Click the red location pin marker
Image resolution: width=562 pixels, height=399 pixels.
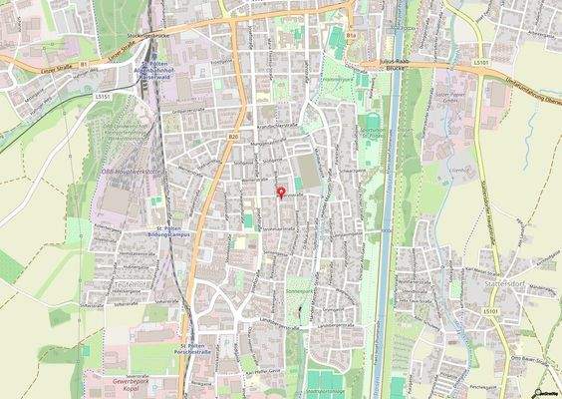(280, 191)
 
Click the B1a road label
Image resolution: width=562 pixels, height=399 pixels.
(351, 35)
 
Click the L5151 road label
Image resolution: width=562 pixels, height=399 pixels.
(102, 97)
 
